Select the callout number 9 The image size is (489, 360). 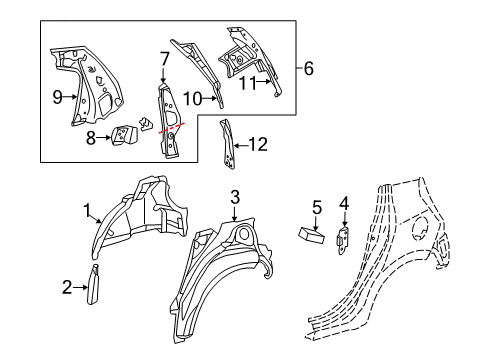point(58,98)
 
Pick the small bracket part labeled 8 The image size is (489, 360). point(125,137)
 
